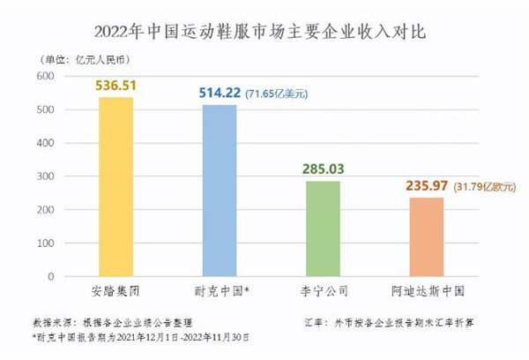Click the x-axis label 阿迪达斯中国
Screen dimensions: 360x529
[x=435, y=289]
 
